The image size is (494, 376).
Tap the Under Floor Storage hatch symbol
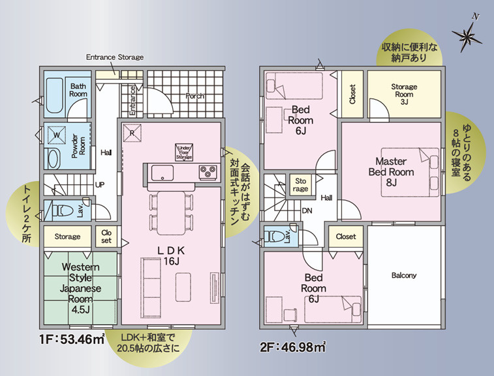184,152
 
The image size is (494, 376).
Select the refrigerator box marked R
132,133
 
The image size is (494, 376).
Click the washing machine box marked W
56,136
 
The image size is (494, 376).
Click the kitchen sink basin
162,173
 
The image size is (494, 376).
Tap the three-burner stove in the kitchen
208,173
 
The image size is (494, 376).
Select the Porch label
194,96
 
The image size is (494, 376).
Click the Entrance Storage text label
115,57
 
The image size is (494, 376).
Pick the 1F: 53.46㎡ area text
72,340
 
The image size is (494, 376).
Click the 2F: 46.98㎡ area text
292,347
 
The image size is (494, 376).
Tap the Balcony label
404,275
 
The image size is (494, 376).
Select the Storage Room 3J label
404,94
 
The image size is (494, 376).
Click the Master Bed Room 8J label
391,172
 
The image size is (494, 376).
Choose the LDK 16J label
171,255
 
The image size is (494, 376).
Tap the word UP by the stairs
100,185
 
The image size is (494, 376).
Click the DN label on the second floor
307,211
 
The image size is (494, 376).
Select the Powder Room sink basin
54,158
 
